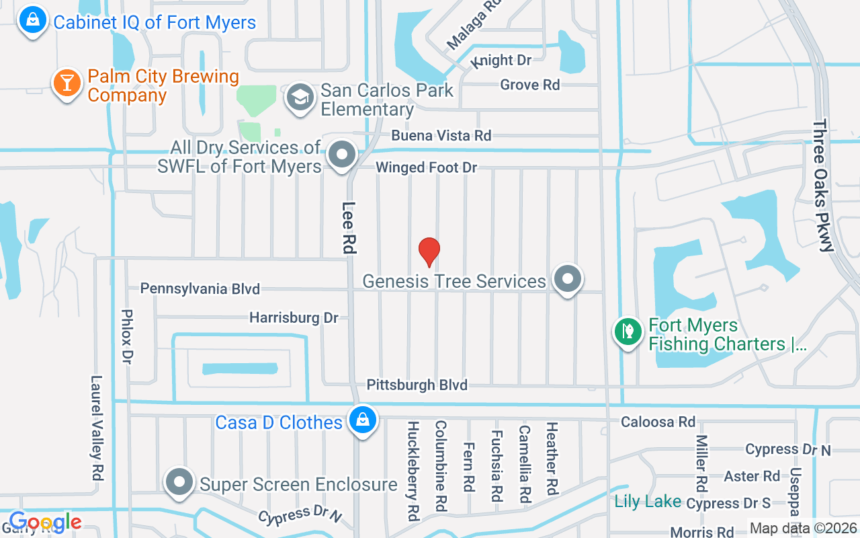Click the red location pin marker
click(x=429, y=251)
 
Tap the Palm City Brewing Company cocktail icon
click(x=67, y=83)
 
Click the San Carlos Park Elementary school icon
click(x=300, y=98)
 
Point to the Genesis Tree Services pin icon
click(x=567, y=278)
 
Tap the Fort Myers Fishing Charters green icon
click(x=628, y=332)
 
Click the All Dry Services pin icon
click(x=342, y=155)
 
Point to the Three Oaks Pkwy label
click(x=822, y=186)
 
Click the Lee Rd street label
click(x=348, y=227)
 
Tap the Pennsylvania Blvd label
click(x=200, y=289)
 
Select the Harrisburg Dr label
click(x=294, y=317)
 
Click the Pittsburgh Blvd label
click(x=417, y=385)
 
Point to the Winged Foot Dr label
click(x=426, y=167)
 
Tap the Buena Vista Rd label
click(x=441, y=135)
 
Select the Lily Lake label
click(x=648, y=502)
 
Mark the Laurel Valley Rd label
click(x=97, y=427)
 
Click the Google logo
click(x=45, y=522)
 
